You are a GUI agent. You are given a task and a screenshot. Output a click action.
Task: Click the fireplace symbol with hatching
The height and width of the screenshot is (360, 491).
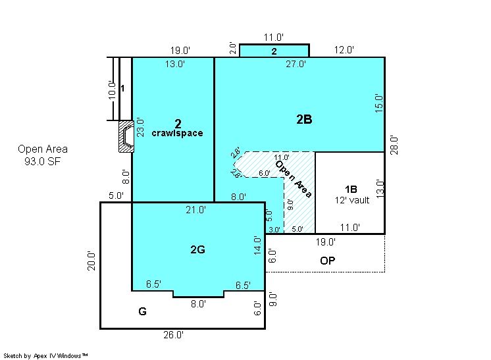click(126, 136)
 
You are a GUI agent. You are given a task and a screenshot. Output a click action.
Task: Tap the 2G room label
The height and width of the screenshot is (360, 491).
click(197, 249)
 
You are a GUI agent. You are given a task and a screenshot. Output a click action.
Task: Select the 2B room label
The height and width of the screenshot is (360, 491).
click(304, 119)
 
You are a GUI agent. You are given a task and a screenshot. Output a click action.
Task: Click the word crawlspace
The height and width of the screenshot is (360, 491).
click(177, 133)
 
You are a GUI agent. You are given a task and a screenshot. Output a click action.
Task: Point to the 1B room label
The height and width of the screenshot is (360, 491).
click(351, 189)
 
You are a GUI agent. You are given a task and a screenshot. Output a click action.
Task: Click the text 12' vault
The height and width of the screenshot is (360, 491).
click(352, 200)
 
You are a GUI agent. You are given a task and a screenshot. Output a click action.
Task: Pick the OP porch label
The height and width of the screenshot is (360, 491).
click(328, 261)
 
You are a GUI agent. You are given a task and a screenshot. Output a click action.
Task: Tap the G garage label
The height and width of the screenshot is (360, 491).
click(142, 311)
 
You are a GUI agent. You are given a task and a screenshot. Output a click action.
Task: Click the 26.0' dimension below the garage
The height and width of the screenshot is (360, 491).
click(173, 335)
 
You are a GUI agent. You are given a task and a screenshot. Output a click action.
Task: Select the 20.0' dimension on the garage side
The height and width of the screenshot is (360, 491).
click(91, 261)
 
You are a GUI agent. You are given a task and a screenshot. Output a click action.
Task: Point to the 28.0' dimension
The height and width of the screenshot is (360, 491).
click(394, 145)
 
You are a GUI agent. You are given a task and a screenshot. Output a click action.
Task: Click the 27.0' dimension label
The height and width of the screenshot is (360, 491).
click(296, 64)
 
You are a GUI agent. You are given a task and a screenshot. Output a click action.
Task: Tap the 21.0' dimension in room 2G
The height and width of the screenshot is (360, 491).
click(195, 209)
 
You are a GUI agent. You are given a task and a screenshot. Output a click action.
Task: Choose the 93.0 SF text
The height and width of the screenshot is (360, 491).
click(43, 161)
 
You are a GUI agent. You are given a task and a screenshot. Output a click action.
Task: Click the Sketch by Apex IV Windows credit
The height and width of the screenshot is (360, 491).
click(45, 355)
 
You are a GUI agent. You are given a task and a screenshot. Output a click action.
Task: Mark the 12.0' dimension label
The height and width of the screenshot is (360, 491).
click(344, 50)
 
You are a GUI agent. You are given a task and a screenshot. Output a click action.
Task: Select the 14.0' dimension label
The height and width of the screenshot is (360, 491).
click(257, 245)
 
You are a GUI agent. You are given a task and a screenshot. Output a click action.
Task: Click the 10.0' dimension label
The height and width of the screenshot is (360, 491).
click(112, 90)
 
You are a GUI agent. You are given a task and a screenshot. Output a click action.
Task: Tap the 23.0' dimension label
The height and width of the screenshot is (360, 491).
click(140, 128)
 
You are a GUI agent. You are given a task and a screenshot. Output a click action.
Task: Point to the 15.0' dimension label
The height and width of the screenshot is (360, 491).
click(379, 103)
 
